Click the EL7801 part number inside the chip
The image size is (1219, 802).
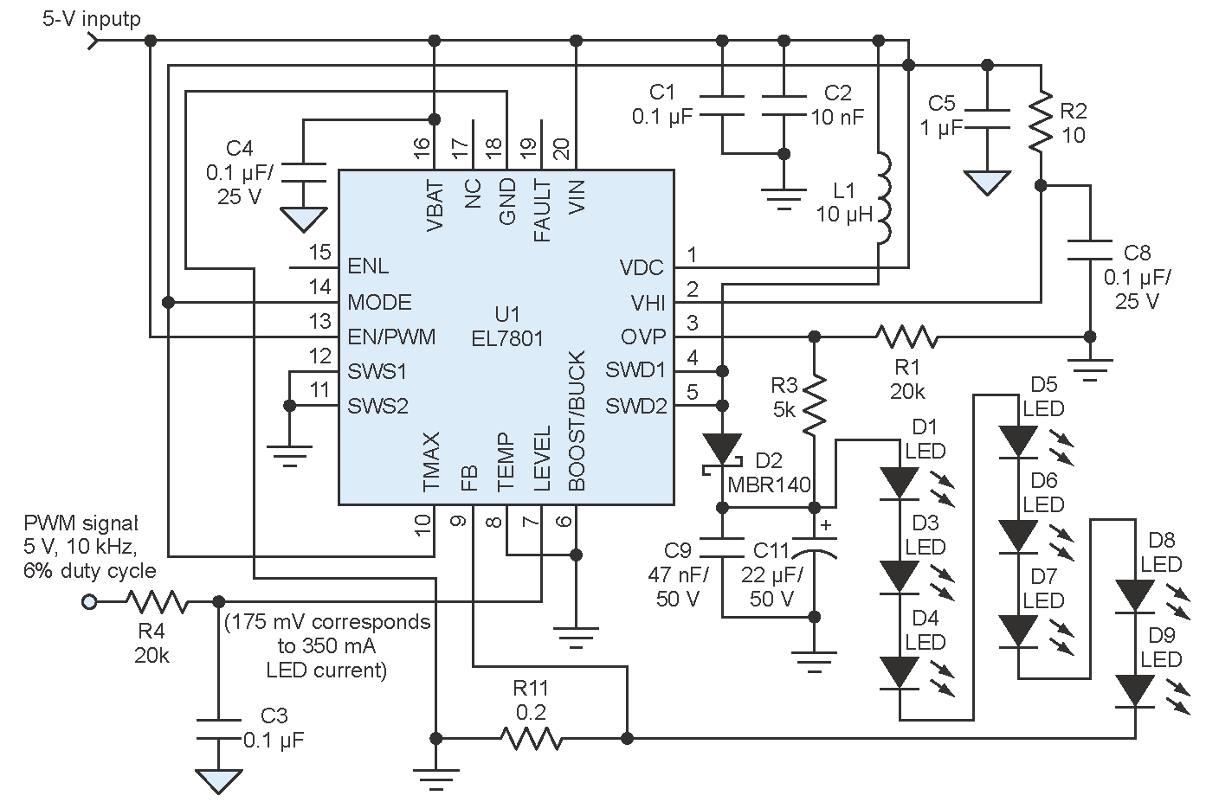point(507,339)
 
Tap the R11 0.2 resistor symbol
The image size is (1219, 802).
point(531,738)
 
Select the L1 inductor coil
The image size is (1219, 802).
point(884,198)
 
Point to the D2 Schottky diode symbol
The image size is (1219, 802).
point(722,452)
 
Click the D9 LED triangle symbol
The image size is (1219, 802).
point(1135,691)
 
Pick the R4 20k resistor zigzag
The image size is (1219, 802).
point(158,602)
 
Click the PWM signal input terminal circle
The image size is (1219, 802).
point(89,602)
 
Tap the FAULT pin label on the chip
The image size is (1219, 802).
point(542,211)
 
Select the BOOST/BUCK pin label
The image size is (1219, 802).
point(577,420)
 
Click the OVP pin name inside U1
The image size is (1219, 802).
point(643,337)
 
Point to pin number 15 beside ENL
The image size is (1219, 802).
point(320,253)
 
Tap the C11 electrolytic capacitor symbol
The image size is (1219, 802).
point(814,549)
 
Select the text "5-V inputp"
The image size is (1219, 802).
point(92,19)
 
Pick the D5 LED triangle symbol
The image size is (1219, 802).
point(1018,441)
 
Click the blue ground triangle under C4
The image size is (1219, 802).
point(303,220)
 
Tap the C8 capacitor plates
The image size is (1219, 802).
point(1090,250)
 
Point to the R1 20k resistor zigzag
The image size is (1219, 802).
point(906,337)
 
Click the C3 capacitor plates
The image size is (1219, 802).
point(219,729)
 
